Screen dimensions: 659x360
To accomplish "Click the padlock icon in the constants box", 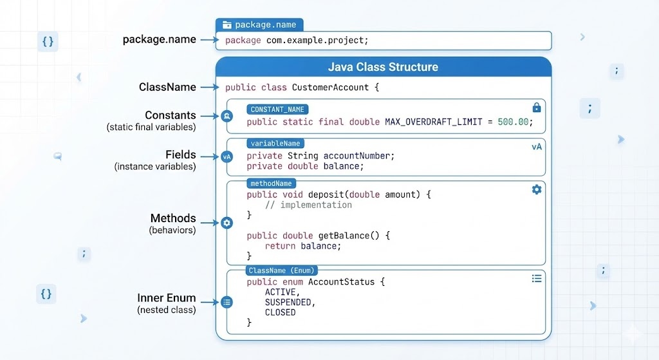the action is [537, 108].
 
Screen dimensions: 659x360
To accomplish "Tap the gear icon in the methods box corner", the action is [537, 190].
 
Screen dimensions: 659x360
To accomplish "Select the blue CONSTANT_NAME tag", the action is [277, 109].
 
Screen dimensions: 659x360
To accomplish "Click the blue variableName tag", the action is [275, 144].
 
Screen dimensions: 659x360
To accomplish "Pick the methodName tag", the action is [271, 184].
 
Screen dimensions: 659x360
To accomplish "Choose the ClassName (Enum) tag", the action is [282, 270].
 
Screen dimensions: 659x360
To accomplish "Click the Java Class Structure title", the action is [384, 67].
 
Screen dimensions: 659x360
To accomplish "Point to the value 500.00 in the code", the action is [513, 122].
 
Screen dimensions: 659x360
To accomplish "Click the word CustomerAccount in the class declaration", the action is [330, 88].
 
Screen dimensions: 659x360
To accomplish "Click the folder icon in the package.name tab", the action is [227, 25].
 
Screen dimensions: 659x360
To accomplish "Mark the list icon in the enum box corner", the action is [537, 278].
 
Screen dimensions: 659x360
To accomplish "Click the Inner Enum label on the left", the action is [167, 298].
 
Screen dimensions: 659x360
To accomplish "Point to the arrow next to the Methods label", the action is [210, 222].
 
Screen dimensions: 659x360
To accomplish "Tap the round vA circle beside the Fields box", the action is [227, 157].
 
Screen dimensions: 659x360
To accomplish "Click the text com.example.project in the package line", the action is [315, 41].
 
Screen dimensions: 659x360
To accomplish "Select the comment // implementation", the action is [308, 205].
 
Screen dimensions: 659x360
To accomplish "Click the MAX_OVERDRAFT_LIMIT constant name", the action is [434, 122].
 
